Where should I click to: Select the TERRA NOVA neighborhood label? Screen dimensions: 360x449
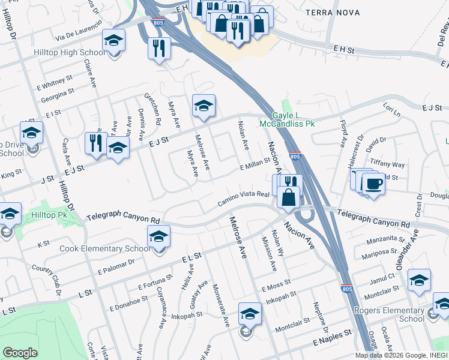333,13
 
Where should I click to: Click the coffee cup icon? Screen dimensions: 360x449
373,183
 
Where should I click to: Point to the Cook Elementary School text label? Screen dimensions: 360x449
106,248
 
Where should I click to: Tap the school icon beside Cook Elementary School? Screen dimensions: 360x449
158,237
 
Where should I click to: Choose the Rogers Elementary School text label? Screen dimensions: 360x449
389,314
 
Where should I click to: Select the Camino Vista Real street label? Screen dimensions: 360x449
244,199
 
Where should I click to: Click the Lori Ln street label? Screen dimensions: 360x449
391,109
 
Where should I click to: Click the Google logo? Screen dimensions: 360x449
20,353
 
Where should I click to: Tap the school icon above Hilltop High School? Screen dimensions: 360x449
113,41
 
